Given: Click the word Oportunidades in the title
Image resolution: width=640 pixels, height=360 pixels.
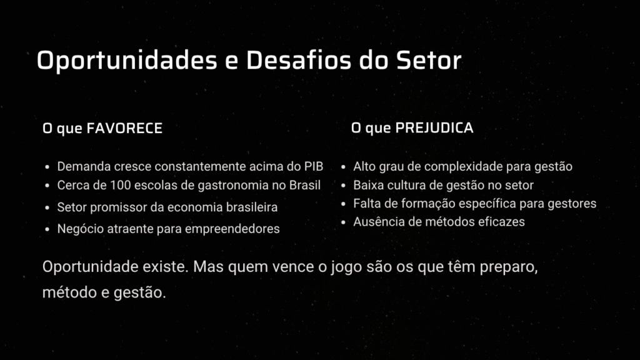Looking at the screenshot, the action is pos(127,61).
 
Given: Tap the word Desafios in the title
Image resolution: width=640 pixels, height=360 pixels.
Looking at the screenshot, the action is pos(298,60).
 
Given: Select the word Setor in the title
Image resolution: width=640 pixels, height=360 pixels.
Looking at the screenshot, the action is pos(429,61).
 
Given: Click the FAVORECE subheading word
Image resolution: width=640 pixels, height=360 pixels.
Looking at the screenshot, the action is pos(124,128).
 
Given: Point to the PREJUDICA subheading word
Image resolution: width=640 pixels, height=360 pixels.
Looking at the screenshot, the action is pos(434,127).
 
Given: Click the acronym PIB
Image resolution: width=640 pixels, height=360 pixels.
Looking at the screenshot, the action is pos(314,166).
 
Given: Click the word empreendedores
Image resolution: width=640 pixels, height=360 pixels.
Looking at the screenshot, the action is pos(232,229).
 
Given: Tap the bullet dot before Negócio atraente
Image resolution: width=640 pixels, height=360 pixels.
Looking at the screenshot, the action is pos(47,229).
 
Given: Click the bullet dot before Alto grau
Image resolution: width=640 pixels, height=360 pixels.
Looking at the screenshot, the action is pos(343,167).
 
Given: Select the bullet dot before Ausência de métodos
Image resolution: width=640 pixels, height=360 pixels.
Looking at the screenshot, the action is pos(343,222).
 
